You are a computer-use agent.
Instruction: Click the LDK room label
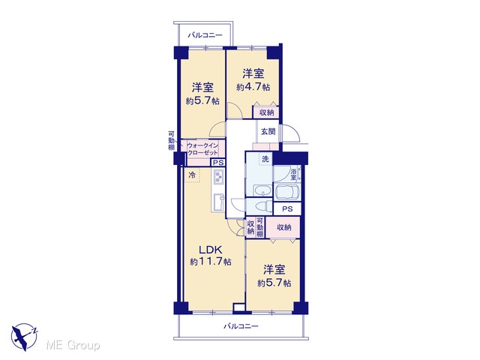tap(210, 250)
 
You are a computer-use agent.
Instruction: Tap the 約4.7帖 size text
tap(253, 87)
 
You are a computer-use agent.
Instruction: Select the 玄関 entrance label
tap(268, 132)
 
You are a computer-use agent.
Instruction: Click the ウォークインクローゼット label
tap(202, 149)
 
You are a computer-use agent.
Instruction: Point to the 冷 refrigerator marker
tap(192, 175)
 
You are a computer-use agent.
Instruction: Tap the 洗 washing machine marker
tap(265, 159)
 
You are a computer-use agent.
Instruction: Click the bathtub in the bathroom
tap(286, 192)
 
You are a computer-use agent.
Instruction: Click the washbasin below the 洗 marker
tap(262, 190)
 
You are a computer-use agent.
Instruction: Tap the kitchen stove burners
tap(218, 177)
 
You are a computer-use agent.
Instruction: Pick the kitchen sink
tap(218, 202)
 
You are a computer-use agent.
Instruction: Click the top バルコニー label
tap(205, 35)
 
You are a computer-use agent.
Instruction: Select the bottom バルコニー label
tap(241, 326)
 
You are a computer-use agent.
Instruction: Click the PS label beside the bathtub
tap(287, 209)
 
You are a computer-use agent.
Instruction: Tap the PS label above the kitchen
tap(218, 163)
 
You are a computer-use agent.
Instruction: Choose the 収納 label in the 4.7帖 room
tap(267, 112)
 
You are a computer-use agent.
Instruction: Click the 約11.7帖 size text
tap(210, 262)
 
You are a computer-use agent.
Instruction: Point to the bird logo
tap(24, 337)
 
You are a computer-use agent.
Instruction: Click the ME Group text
tap(73, 346)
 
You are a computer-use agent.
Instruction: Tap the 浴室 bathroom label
tap(293, 174)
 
